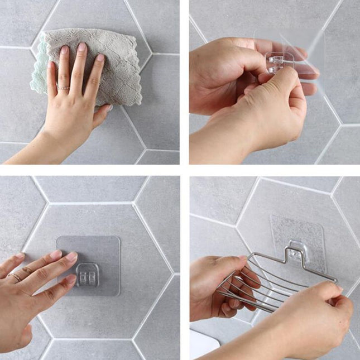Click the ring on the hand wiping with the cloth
click(64, 88)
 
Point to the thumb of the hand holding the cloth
click(101, 115)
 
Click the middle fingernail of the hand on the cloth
click(81, 47)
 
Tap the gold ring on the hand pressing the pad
click(15, 276)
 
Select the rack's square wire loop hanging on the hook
click(298, 254)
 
